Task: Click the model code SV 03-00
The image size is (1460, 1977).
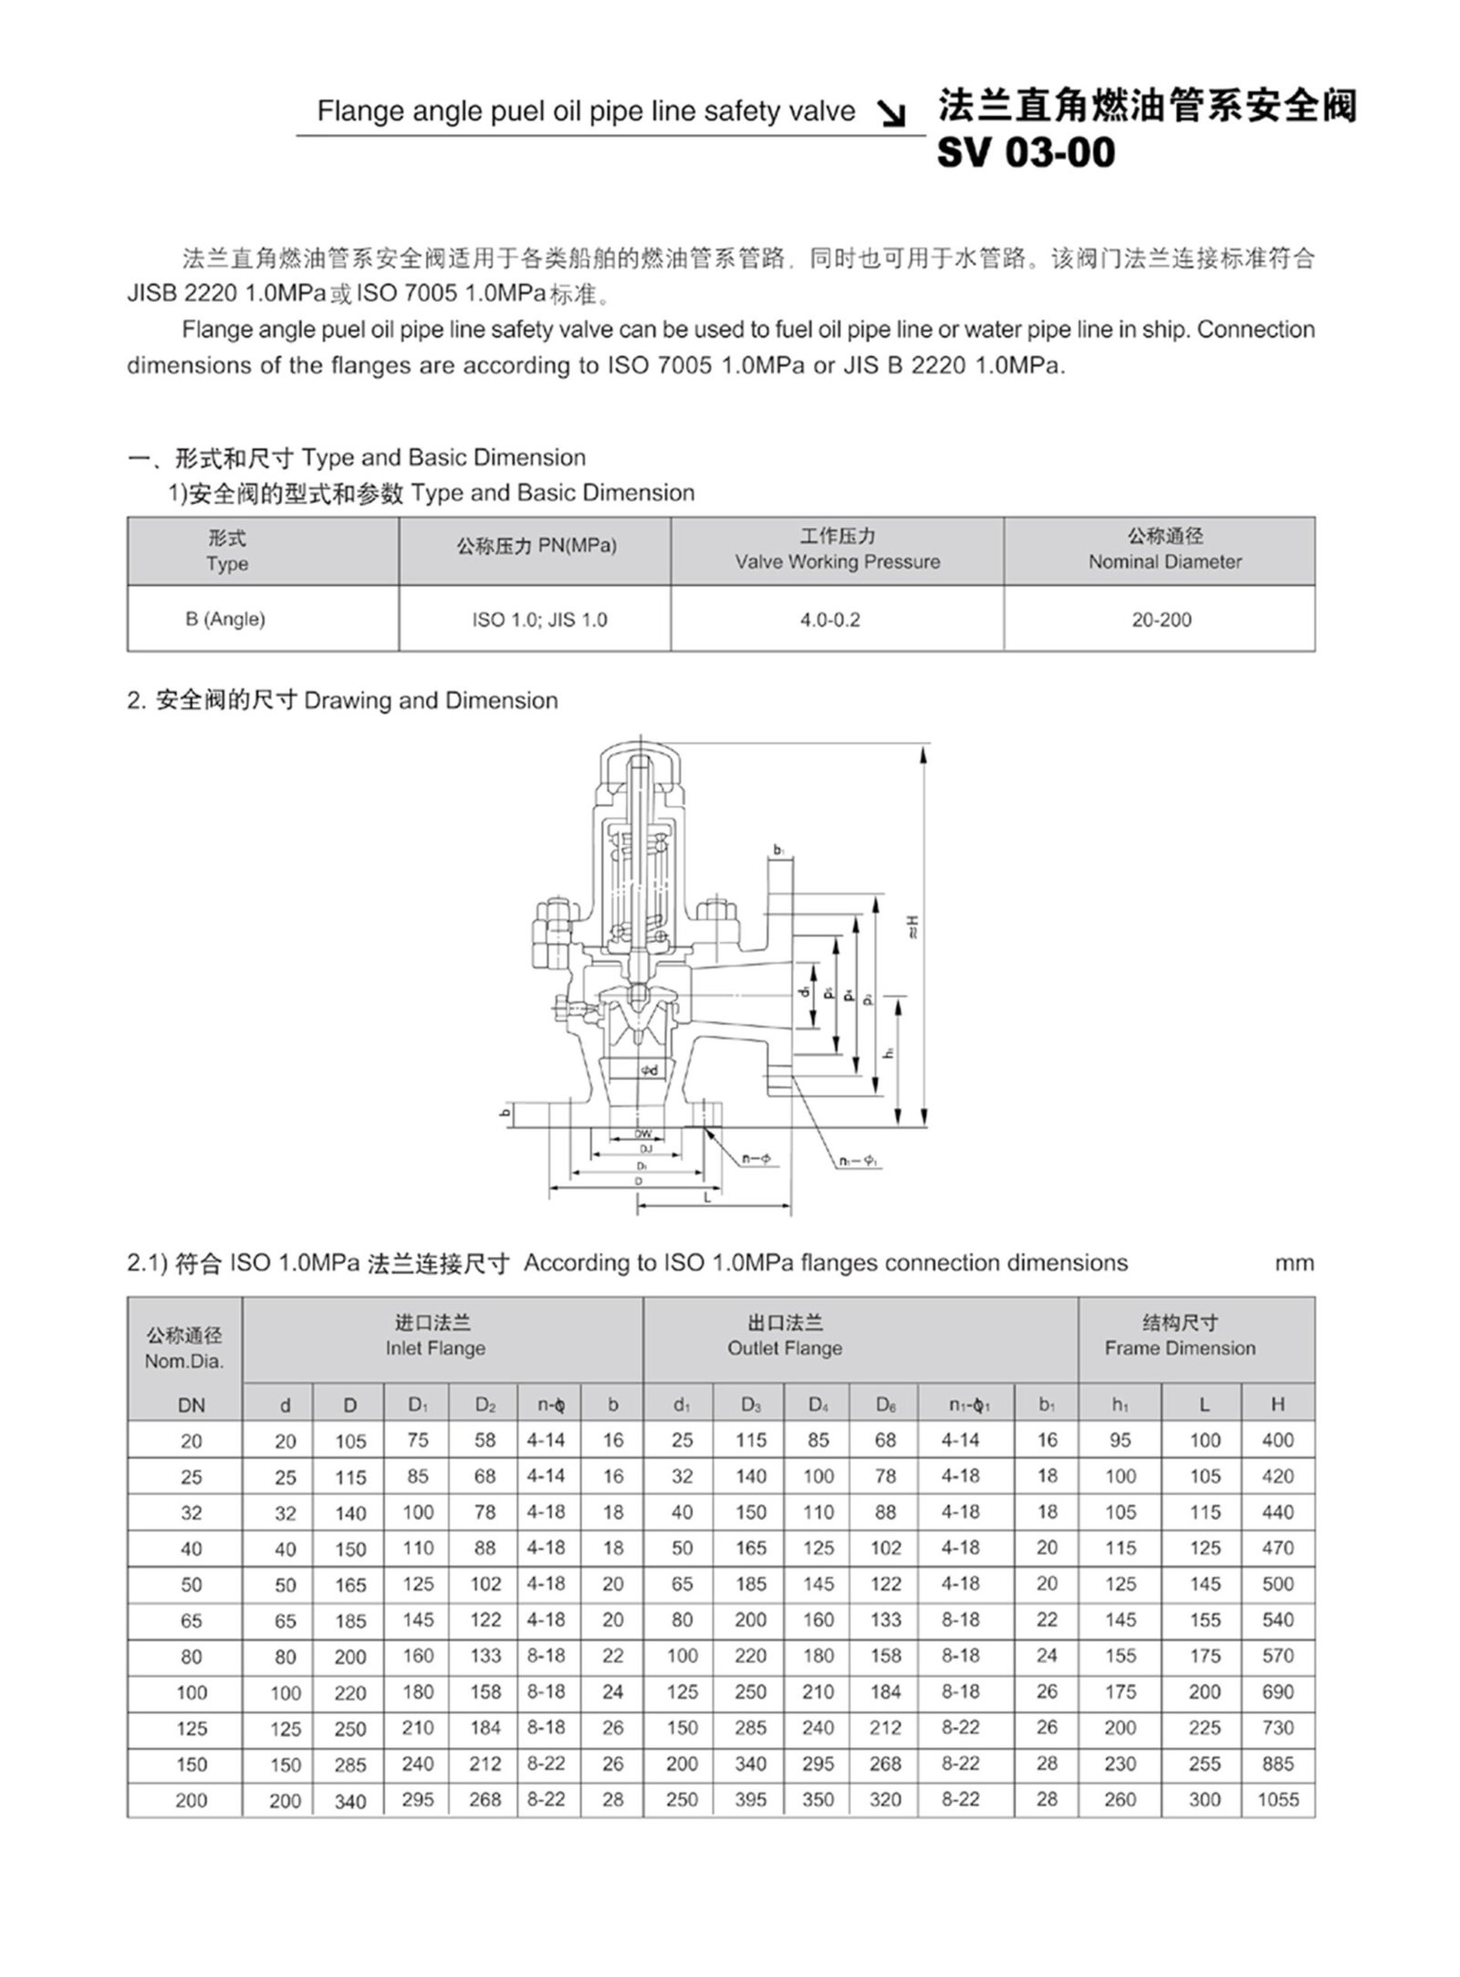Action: pos(1026,152)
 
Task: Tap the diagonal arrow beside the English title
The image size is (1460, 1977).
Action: pos(891,113)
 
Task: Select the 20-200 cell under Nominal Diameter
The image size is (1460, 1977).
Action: pos(1161,620)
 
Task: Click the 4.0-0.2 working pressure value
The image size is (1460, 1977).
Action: pos(830,620)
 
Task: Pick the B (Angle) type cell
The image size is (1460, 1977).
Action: pos(224,619)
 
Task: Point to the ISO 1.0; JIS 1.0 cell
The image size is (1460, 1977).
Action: pos(539,620)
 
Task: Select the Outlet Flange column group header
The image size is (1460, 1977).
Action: pos(785,1336)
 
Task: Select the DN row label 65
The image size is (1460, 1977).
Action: pos(192,1620)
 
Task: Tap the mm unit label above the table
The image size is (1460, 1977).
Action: pos(1294,1263)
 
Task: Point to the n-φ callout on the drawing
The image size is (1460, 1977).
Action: pos(756,1159)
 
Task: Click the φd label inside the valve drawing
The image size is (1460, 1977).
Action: pos(648,1070)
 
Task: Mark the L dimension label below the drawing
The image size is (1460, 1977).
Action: pos(708,1198)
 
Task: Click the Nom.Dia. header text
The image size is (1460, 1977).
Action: pos(184,1362)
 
